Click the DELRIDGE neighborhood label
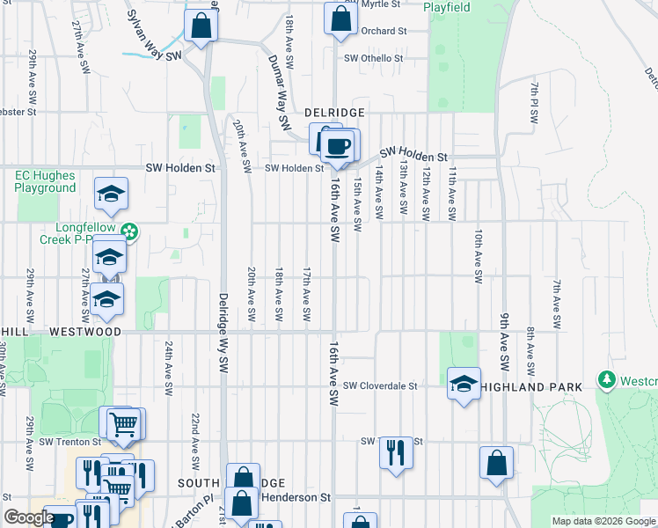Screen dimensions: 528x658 coord(334,113)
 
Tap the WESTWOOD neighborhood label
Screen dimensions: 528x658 coord(85,332)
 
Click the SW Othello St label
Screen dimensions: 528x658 coord(374,59)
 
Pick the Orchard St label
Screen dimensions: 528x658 coord(384,31)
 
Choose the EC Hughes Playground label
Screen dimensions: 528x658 coord(45,181)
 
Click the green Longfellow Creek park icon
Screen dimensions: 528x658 coord(129,231)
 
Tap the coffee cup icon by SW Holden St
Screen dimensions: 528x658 coord(340,145)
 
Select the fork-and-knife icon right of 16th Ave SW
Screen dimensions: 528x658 coord(395,452)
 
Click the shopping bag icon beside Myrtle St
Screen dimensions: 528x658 coord(340,18)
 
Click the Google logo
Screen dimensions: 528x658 coord(29,517)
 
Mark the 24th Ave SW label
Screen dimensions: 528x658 coord(167,369)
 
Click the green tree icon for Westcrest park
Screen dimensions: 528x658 coord(606,380)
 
